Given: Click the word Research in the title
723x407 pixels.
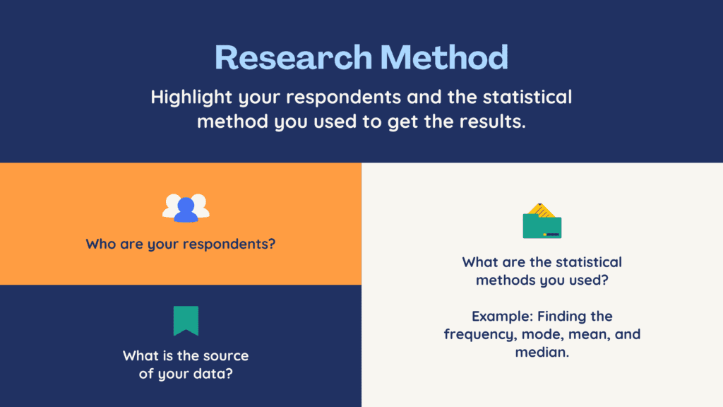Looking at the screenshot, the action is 293,57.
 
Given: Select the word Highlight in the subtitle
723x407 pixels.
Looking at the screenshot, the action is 191,98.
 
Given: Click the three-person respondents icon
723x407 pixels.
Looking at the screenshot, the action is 186,208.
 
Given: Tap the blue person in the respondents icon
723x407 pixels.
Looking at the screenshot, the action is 186,211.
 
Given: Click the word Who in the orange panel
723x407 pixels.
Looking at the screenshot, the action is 100,244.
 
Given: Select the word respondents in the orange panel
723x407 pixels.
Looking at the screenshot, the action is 231,244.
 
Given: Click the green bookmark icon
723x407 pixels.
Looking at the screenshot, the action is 186,321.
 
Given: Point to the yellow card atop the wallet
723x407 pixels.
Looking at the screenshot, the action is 541,211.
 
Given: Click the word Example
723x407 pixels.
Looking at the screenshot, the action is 502,317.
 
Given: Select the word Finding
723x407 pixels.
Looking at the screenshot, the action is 561,316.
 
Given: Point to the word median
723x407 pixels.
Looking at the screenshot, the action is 542,352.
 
